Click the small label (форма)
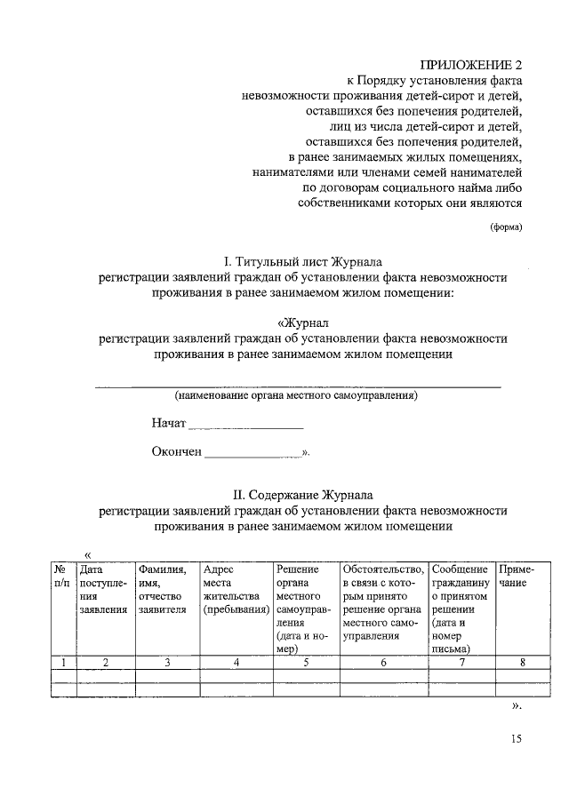507,226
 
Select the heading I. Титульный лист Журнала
303,262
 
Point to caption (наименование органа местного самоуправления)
296,394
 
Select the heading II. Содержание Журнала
303,495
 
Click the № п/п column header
62,576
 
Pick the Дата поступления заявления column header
104,589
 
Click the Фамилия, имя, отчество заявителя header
166,589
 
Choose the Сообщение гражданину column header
461,609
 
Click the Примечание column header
517,576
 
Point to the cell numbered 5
306,662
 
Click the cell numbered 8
523,662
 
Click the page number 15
517,739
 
